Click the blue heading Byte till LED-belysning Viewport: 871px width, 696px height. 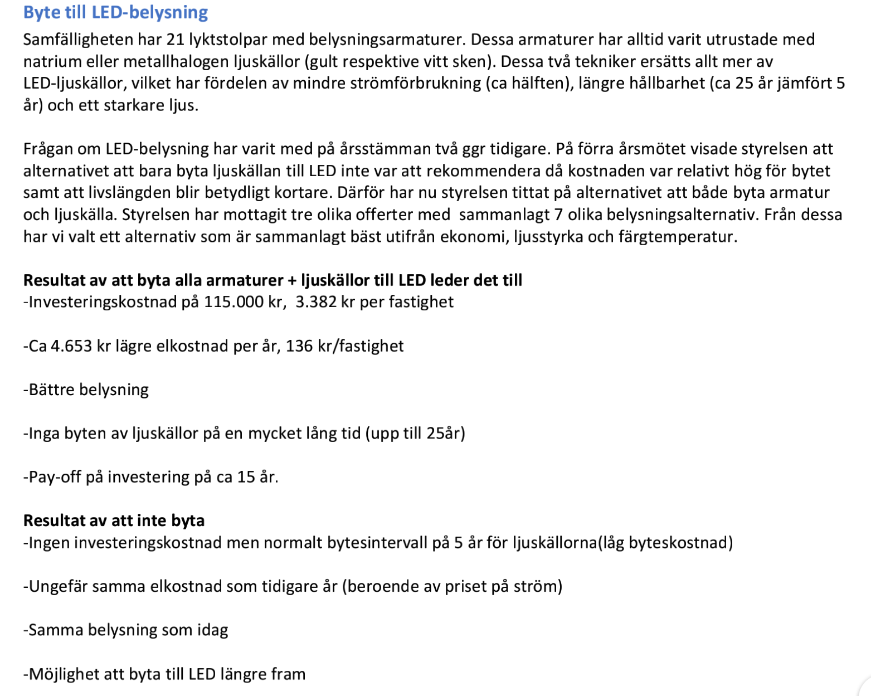point(115,12)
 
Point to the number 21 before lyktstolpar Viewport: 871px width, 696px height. point(176,40)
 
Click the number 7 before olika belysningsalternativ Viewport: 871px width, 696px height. point(558,215)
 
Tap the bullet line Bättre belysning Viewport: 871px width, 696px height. point(86,390)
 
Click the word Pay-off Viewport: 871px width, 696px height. point(53,477)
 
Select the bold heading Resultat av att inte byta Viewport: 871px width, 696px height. point(114,520)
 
